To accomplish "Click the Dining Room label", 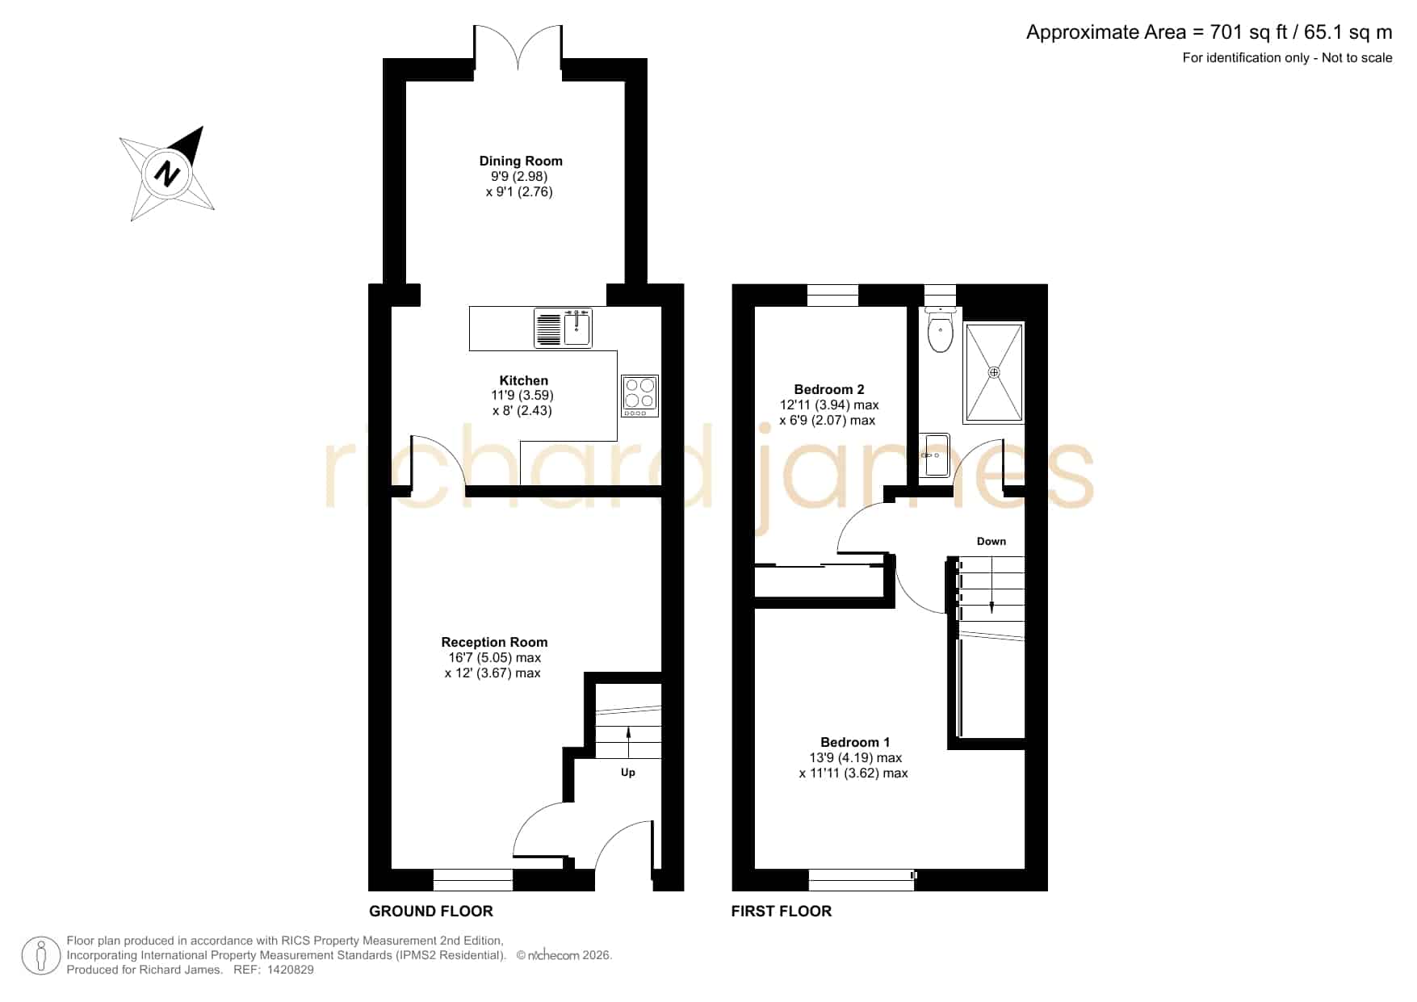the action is [521, 161].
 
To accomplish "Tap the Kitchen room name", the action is [523, 380].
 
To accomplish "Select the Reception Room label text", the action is [494, 642].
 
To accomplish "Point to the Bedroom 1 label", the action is [855, 742].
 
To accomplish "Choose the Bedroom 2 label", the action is [829, 389].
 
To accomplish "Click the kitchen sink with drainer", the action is [563, 328].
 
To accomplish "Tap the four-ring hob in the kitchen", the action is [640, 396].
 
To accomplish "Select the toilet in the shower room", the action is [941, 331].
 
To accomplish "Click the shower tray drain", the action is [994, 372].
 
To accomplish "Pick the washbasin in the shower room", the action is [934, 455].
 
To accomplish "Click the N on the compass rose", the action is [167, 174].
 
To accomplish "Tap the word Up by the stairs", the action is [628, 773].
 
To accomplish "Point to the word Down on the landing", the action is [991, 541].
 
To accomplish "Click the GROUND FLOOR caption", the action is [431, 912].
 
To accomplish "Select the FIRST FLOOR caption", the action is [782, 912].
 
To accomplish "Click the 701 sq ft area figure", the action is [1250, 32].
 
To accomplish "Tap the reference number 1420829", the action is [290, 970].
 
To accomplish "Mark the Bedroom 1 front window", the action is [862, 879].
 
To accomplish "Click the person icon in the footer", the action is [40, 956].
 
